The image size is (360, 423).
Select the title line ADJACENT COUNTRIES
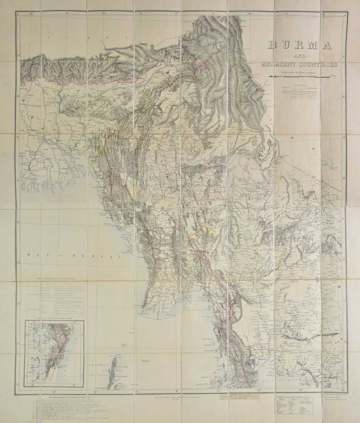pyautogui.click(x=298, y=64)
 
